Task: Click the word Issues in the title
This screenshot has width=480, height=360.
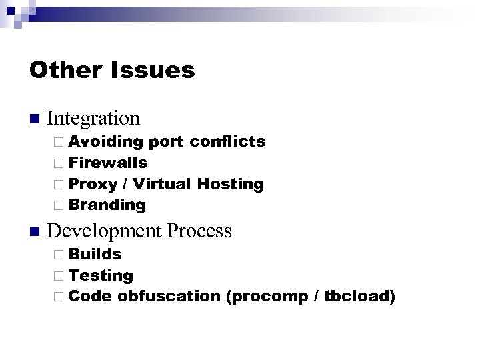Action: click(x=154, y=70)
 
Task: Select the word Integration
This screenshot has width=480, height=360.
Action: click(x=94, y=119)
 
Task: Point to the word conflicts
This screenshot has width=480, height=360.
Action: click(x=227, y=141)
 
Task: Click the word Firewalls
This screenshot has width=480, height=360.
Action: click(x=108, y=163)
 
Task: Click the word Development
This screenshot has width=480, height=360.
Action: click(x=105, y=231)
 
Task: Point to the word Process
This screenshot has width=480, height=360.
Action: click(x=200, y=231)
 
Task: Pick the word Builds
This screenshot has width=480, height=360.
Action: click(x=95, y=254)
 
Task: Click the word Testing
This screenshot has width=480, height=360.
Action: click(x=101, y=275)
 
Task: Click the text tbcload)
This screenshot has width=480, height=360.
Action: click(x=360, y=296)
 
